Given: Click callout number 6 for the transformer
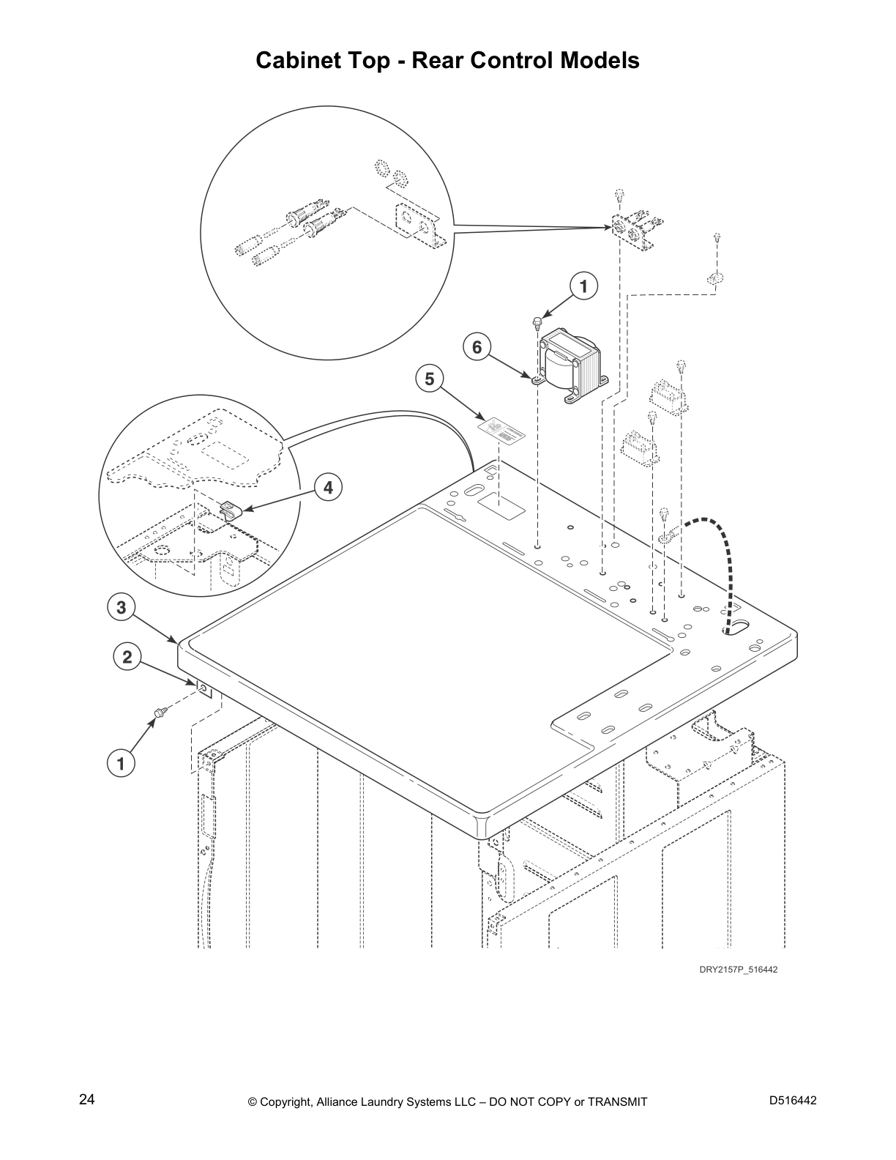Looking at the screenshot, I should (x=477, y=346).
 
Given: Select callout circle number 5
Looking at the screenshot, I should (x=430, y=379).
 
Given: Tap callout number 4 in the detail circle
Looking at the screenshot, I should (x=328, y=487).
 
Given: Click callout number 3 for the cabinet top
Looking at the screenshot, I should (x=122, y=607).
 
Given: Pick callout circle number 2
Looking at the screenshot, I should (x=127, y=657).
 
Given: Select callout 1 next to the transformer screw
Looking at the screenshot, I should (x=583, y=286).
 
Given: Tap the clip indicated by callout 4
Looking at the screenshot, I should (x=231, y=510).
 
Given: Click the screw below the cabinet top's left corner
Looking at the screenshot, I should (x=160, y=711).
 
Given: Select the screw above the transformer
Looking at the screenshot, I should (x=537, y=321).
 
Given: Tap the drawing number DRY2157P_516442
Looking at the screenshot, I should (x=738, y=970).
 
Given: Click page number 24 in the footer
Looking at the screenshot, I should (x=87, y=1100).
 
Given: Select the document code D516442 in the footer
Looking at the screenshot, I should (x=793, y=1100).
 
